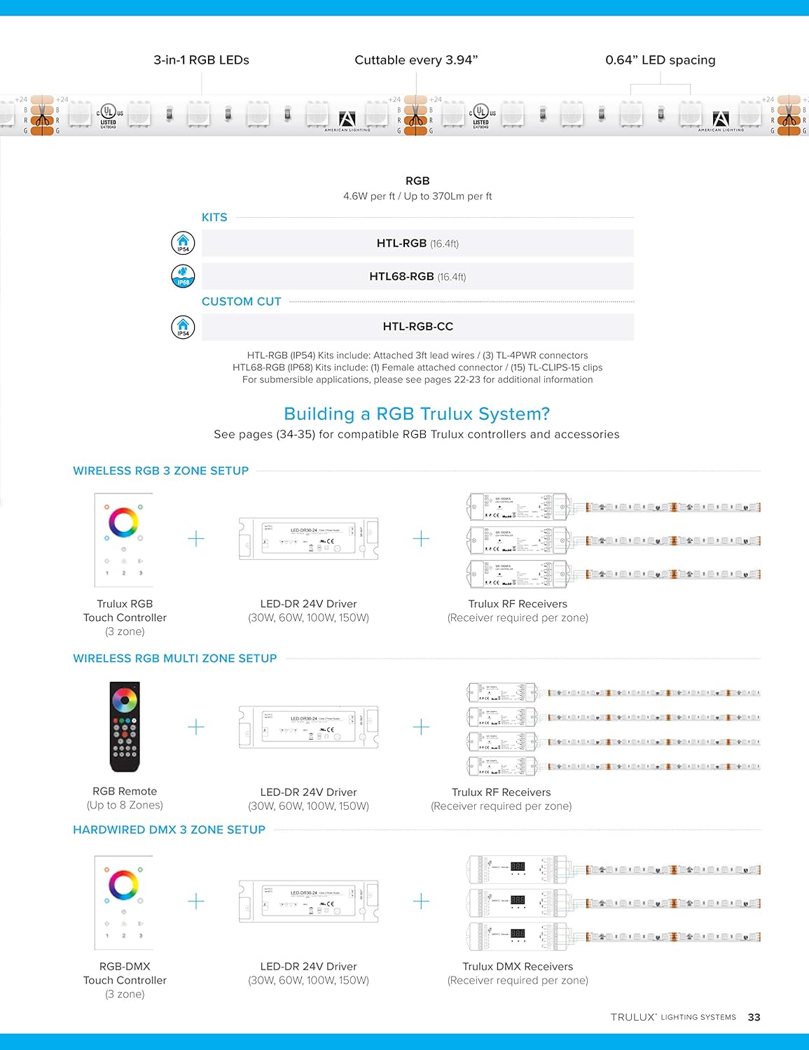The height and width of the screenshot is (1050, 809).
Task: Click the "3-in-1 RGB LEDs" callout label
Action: tap(201, 60)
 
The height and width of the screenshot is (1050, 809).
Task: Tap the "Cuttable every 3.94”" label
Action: tap(416, 60)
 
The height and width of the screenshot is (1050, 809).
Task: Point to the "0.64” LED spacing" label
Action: tap(660, 60)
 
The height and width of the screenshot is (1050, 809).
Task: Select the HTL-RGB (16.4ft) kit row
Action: tap(417, 244)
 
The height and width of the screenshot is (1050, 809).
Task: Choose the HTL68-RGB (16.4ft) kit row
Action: tap(417, 276)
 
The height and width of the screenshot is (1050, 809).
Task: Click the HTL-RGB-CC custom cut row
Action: tap(417, 327)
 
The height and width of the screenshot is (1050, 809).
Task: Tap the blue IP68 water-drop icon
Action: tap(183, 276)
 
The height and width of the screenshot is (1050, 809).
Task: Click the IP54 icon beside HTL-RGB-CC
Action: tap(183, 327)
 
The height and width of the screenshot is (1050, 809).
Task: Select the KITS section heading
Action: tap(214, 218)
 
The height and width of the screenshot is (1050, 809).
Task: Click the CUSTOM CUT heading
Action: tap(241, 302)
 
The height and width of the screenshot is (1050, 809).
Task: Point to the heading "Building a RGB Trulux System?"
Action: tap(417, 414)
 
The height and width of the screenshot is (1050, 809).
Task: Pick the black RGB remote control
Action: tap(125, 727)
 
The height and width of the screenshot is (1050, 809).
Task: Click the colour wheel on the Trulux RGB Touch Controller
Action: tap(123, 522)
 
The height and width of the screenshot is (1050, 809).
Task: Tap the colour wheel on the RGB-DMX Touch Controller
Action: tap(123, 885)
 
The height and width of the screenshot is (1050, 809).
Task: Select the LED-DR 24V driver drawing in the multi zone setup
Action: tap(308, 727)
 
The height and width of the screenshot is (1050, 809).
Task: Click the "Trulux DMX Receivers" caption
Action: tap(518, 967)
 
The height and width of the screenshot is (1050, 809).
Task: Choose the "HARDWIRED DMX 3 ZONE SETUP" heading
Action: tap(169, 829)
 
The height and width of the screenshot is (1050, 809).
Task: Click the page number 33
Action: tap(754, 1017)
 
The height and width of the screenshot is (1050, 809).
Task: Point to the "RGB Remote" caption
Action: tap(125, 792)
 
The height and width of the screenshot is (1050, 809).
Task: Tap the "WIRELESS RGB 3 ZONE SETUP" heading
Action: tap(160, 471)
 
